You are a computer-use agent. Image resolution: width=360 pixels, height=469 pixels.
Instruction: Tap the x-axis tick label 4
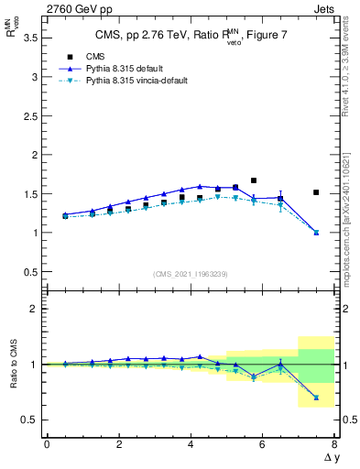click(191, 445)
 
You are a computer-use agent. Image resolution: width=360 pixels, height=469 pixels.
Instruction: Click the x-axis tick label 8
click(334, 445)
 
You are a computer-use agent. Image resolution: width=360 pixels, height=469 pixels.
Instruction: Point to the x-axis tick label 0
click(47, 445)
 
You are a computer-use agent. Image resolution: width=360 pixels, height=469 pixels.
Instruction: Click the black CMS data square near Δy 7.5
click(316, 192)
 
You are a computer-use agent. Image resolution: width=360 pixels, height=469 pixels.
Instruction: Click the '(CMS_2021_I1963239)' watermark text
click(190, 273)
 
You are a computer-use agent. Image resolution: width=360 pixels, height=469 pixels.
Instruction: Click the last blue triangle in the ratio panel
click(316, 398)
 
